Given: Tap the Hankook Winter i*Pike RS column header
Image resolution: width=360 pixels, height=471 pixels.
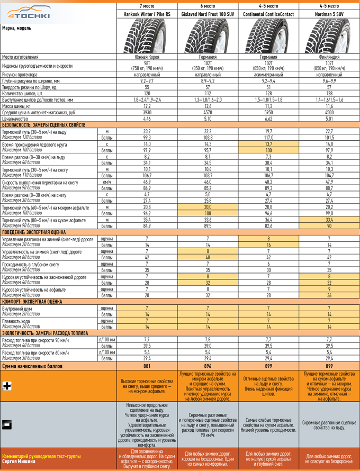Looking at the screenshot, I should coord(147,14).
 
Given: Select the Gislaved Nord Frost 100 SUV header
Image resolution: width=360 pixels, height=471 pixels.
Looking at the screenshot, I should coord(208,14).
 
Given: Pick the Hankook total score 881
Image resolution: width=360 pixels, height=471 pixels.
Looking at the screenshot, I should coord(147,366).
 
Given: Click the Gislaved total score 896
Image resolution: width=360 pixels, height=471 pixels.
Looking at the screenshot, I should coord(208,366).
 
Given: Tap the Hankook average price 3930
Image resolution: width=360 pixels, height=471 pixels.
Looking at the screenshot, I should coord(147,112).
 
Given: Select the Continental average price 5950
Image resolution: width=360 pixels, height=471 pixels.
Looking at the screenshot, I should coord(268,112).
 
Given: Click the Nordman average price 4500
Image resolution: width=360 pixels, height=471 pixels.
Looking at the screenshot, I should coord(329,112).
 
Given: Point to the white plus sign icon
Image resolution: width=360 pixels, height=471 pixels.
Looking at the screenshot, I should coord(7,386).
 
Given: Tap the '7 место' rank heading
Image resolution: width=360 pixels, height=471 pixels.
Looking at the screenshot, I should coord(147,5).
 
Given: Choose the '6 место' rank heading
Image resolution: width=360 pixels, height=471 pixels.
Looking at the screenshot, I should coord(208,5).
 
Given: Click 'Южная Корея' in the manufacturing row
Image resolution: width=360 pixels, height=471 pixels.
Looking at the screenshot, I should coord(147,57).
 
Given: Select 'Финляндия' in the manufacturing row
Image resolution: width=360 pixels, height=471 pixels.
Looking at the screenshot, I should coord(329,57).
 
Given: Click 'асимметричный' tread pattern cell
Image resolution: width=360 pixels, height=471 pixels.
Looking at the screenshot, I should coord(268,75).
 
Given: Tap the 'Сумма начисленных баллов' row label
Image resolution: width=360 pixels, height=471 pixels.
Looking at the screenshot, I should coord(33,366).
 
